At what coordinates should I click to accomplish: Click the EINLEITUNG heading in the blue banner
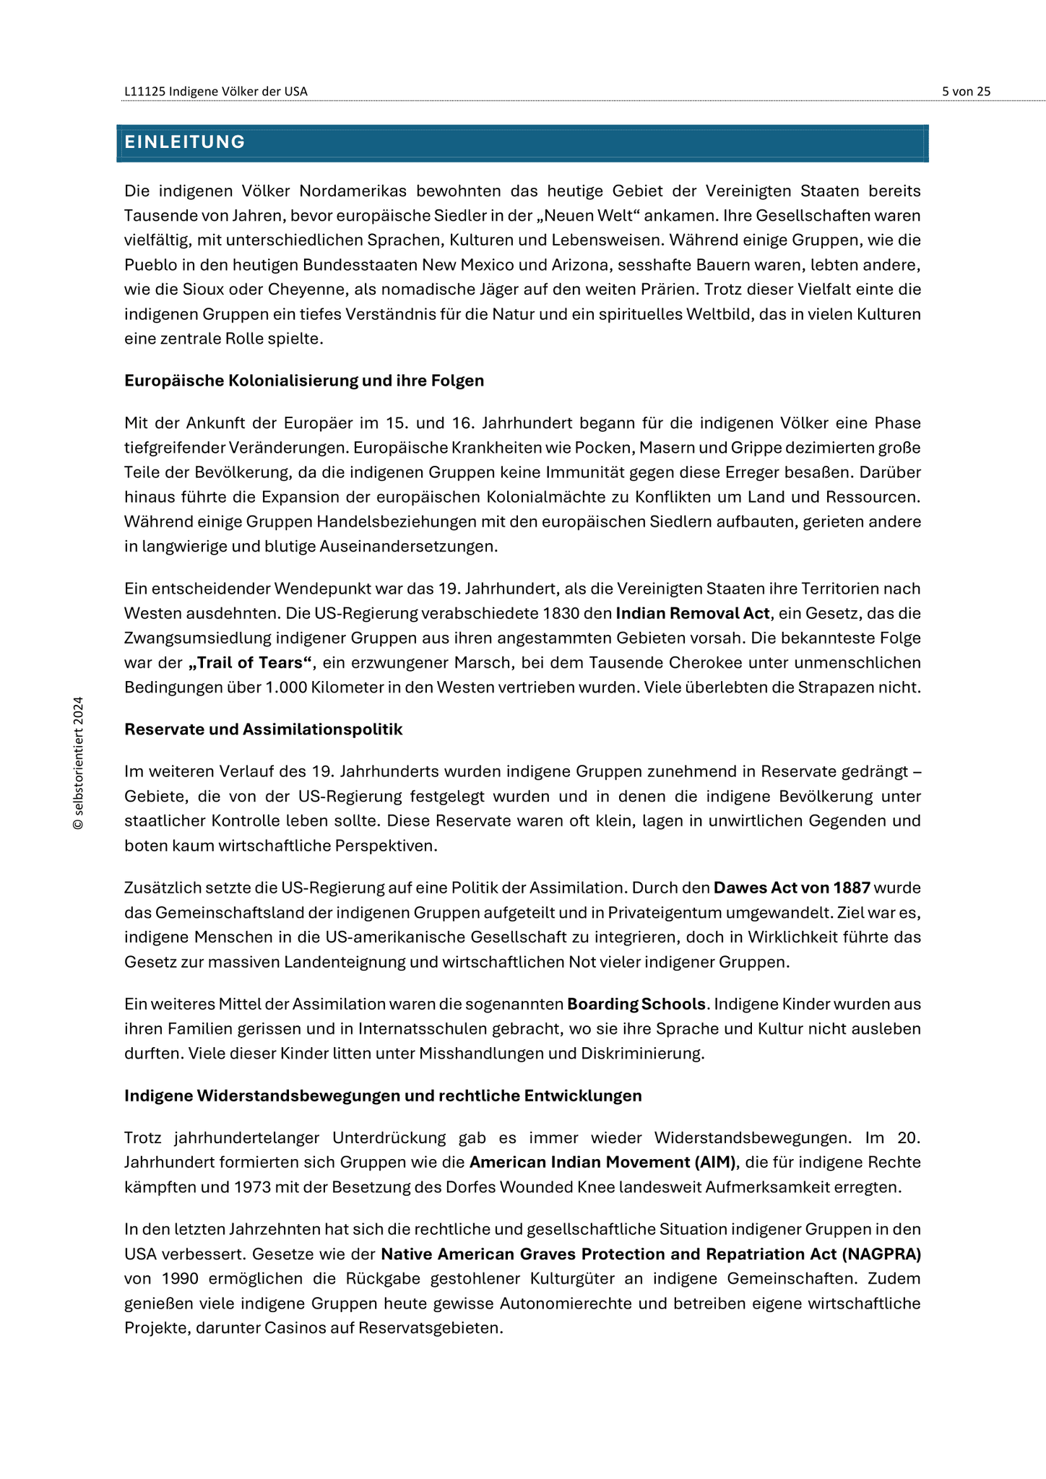point(185,142)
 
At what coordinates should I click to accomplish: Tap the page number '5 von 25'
point(966,92)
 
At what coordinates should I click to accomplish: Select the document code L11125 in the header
point(144,92)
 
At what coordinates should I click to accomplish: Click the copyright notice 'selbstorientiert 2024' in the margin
point(79,763)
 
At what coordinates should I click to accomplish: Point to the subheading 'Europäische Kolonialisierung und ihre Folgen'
point(304,381)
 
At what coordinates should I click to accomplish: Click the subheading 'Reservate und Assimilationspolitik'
point(263,729)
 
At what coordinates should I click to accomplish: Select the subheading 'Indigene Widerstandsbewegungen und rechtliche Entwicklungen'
point(383,1096)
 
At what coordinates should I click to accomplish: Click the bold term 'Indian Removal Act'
point(692,614)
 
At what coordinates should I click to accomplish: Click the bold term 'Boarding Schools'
point(636,1005)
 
